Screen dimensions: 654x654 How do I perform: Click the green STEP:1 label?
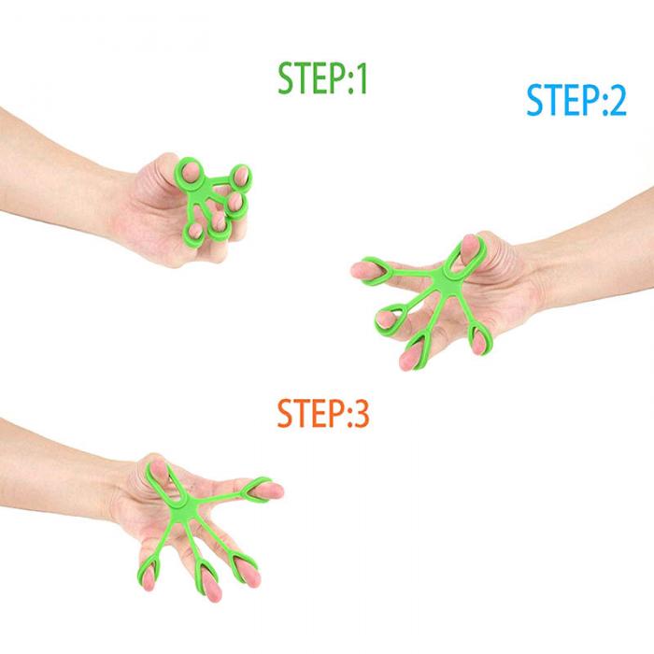(322, 78)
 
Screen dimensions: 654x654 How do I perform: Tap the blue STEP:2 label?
(576, 100)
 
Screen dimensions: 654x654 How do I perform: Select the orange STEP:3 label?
(323, 413)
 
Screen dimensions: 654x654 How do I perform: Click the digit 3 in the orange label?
(361, 413)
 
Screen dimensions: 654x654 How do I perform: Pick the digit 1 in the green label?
(361, 78)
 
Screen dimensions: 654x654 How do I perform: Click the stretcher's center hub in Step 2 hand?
(443, 280)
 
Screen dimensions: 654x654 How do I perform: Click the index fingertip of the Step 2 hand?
(359, 270)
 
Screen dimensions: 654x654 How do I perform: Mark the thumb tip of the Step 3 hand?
(159, 468)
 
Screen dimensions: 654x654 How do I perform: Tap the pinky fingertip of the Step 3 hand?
(148, 577)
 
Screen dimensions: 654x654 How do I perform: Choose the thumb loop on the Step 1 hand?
(191, 171)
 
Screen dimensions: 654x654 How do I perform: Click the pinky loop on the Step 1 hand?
(194, 232)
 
